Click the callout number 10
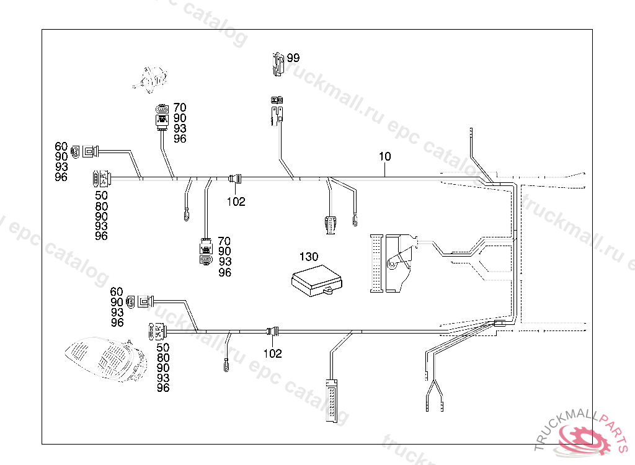[385, 157]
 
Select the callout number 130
[308, 257]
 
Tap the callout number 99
[293, 58]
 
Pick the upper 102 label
[236, 201]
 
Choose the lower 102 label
[272, 354]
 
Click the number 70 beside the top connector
[180, 108]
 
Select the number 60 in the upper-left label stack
[61, 146]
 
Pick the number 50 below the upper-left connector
[101, 196]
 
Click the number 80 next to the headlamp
[163, 358]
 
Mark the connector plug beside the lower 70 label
[205, 252]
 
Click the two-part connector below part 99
[277, 109]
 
